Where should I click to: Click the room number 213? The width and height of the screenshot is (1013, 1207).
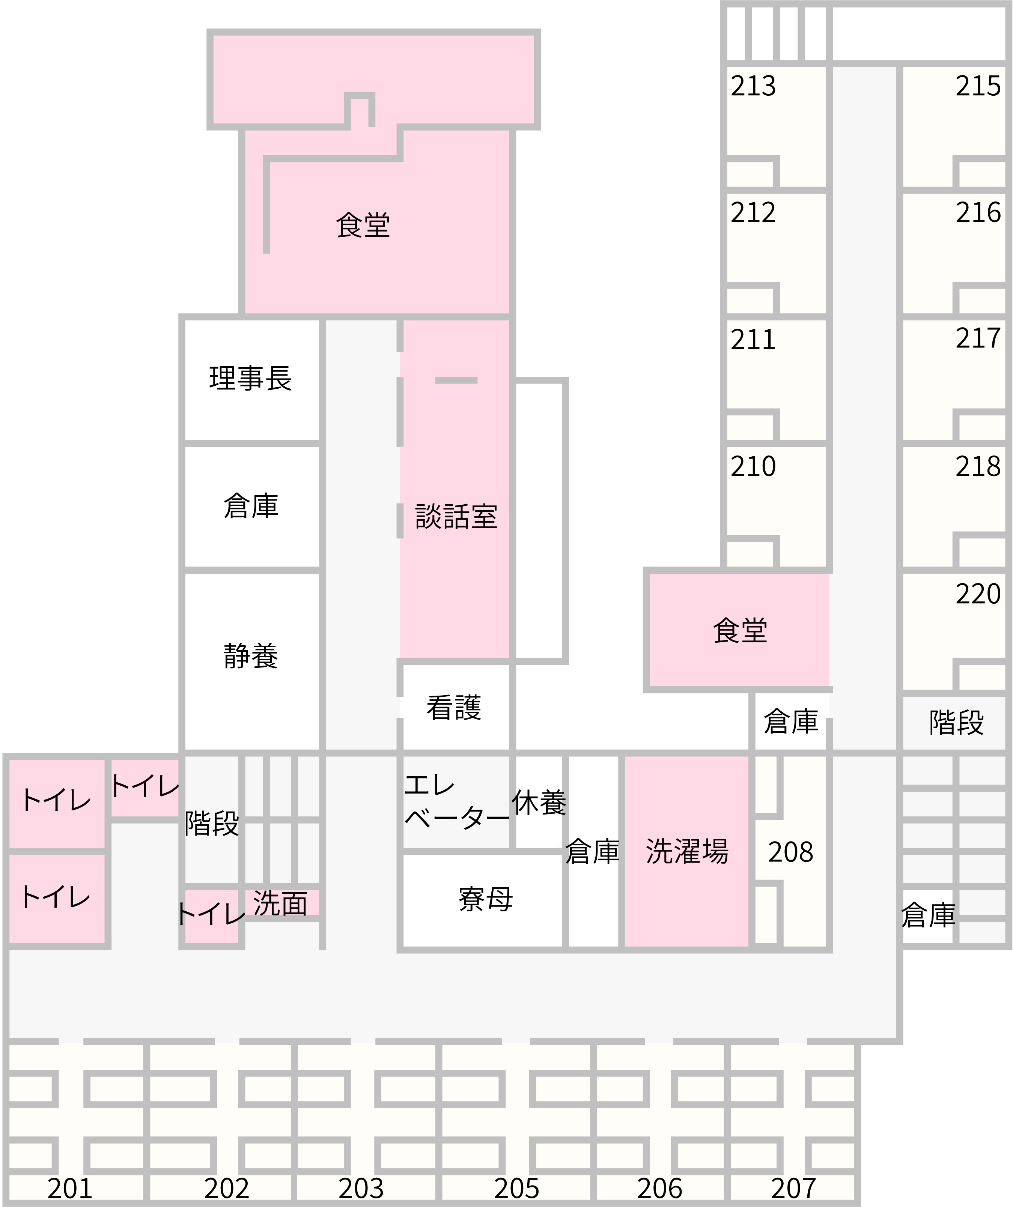pos(753,86)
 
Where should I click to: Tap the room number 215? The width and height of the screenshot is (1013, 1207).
pos(978,86)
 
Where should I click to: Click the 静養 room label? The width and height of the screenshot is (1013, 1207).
pos(251,656)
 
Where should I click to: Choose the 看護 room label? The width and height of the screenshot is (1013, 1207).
pos(454,708)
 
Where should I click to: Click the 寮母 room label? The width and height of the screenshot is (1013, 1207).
pos(485,899)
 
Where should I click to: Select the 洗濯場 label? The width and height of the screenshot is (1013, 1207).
pos(687,851)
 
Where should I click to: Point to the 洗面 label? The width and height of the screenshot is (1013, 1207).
pos(280,903)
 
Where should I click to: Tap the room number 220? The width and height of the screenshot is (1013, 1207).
pos(978,594)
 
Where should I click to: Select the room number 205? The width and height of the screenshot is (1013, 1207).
pos(516,1189)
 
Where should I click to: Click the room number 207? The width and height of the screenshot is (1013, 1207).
pos(793,1189)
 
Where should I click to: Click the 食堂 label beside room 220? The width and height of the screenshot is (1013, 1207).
pos(740,630)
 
